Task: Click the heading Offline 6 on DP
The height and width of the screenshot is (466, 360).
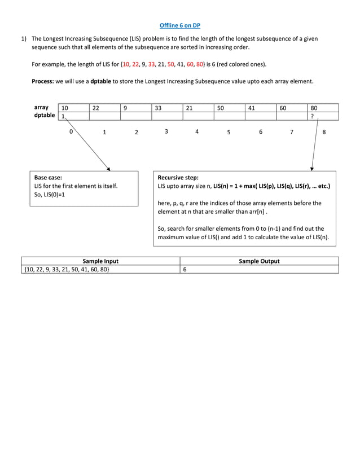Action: pos(180,25)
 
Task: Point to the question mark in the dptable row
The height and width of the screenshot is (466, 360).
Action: pos(313,116)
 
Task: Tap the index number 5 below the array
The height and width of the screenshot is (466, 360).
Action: pos(229,133)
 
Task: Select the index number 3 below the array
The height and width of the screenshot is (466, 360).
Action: pos(166,131)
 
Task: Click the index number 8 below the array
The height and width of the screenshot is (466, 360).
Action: pos(324,133)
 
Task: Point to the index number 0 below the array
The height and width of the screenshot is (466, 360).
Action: pos(71,131)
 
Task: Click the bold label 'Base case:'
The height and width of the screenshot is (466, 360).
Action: pos(48,177)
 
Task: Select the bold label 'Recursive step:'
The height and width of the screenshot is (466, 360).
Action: pos(178,177)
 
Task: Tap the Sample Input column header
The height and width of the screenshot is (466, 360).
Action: pos(100,261)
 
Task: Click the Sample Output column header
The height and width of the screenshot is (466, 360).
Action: pos(259,261)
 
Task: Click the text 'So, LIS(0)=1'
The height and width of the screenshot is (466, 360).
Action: pos(50,195)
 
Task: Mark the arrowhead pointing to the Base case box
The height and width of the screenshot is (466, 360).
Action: pos(108,168)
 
